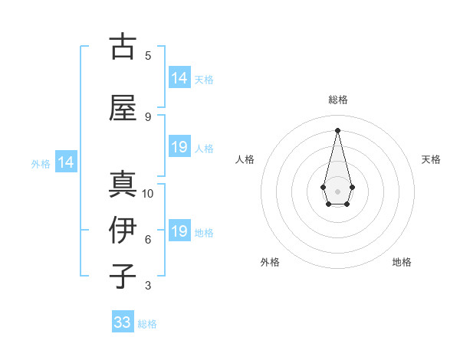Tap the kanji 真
tap(122, 183)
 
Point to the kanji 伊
tap(122, 230)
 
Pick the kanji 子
tap(122, 276)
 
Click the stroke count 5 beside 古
tap(148, 56)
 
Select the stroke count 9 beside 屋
tap(148, 117)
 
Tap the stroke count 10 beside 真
tap(148, 194)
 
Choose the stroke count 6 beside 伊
tap(148, 240)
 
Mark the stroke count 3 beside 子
tap(148, 286)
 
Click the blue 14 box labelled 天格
tap(179, 77)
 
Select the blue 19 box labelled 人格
tap(179, 146)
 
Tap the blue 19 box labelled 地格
tap(179, 231)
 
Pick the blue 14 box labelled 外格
tap(65, 162)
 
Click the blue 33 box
tap(123, 322)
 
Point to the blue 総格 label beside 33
tap(147, 324)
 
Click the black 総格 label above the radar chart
tap(337, 100)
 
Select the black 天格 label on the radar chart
tap(431, 159)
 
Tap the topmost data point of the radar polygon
tap(337, 129)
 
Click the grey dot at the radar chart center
tap(337, 191)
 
